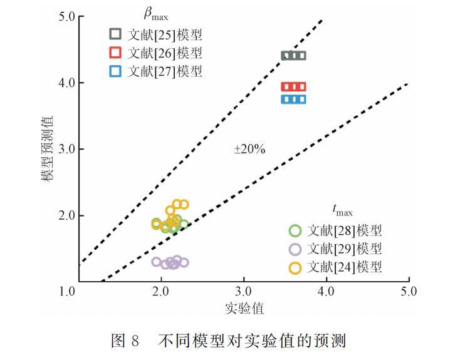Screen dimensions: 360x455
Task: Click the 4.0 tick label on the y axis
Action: click(x=67, y=83)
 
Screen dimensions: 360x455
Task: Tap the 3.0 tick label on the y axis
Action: click(x=67, y=149)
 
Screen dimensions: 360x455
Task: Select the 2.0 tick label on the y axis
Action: click(x=67, y=215)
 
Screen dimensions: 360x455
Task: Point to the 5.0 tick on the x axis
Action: click(x=408, y=291)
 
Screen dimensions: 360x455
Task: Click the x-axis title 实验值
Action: click(x=243, y=309)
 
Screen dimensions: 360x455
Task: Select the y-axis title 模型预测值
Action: click(x=48, y=149)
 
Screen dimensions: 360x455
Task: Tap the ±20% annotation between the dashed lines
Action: click(x=250, y=149)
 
